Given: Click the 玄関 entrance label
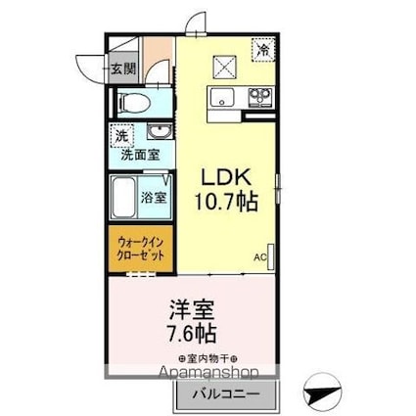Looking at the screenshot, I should pos(121,69).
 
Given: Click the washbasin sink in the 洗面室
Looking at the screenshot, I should pos(155,133).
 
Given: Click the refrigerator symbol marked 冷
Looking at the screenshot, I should pos(263,47).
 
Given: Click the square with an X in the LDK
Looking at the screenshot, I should pos(227,65).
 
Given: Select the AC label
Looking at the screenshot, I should pos(261,257).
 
